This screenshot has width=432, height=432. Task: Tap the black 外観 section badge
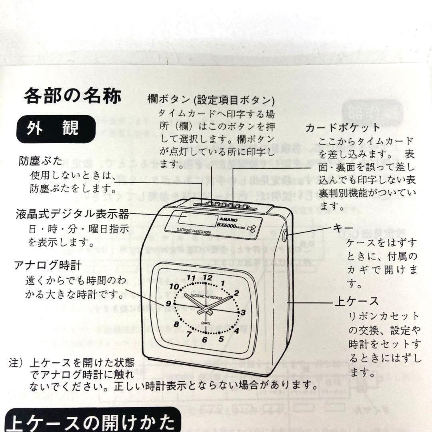56,129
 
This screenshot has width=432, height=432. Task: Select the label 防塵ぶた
41,161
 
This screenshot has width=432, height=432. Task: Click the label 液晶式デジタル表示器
73,214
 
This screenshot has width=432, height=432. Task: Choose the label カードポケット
342,128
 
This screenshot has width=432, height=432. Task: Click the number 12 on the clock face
208,277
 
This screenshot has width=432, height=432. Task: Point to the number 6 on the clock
205,340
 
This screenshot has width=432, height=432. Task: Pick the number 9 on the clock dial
168,304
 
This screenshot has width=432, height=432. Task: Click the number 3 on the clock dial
243,312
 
